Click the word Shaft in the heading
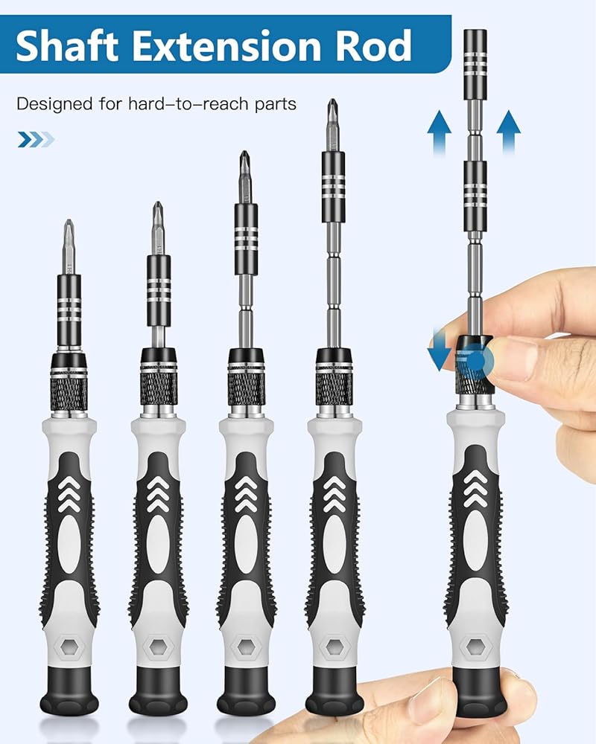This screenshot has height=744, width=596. click(67, 45)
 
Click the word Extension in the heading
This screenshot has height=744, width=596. click(226, 45)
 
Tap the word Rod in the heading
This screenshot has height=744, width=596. click(373, 45)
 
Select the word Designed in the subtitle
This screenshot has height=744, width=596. click(54, 104)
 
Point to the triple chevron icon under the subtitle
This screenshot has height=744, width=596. click(36, 140)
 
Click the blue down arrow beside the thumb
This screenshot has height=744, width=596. click(438, 351)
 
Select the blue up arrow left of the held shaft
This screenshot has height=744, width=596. click(439, 132)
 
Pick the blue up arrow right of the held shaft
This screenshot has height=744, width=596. click(509, 132)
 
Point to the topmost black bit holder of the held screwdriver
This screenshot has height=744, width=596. click(475, 65)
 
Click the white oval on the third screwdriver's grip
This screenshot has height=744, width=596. click(246, 544)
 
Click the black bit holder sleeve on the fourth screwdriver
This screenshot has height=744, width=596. click(333, 187)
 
